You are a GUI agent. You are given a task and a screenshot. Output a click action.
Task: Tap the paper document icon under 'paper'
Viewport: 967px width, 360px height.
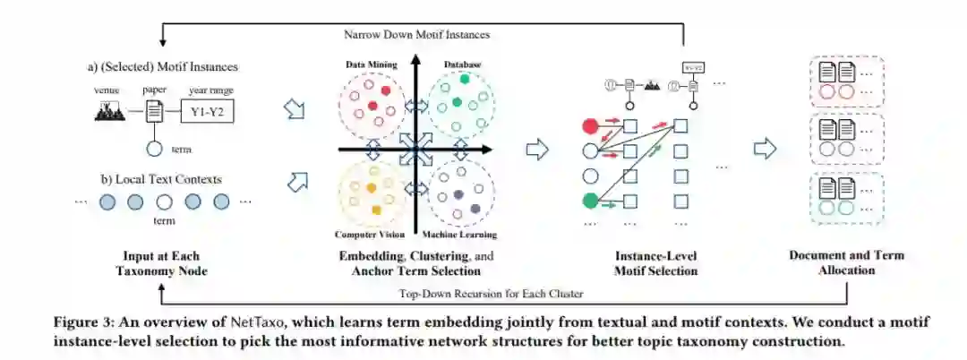154,112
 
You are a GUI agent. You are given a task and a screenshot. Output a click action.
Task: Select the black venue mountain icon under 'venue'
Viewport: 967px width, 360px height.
110,110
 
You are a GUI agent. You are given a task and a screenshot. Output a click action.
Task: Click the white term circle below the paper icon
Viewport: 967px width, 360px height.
154,149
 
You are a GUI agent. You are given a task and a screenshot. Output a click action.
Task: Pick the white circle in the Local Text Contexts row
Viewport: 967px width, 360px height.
164,202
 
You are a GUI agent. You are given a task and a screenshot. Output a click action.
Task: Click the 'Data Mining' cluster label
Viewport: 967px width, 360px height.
371,64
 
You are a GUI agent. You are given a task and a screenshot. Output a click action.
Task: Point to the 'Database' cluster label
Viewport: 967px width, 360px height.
462,64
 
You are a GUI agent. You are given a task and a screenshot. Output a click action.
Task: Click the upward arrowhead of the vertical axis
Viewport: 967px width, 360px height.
414,61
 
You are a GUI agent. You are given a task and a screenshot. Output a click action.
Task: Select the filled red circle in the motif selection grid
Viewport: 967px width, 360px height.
590,126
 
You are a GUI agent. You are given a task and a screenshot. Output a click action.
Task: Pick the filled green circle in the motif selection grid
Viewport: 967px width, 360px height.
590,201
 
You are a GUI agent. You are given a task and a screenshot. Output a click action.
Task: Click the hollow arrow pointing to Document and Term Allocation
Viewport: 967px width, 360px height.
764,149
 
